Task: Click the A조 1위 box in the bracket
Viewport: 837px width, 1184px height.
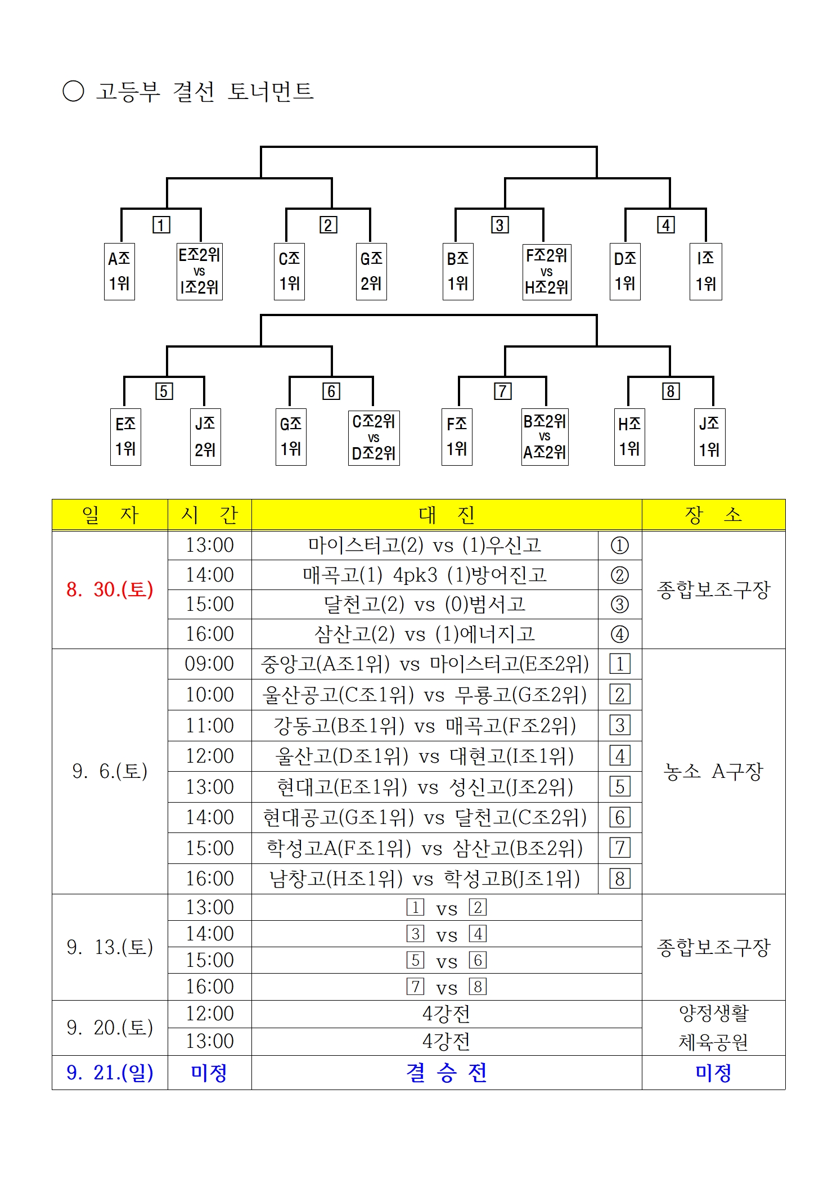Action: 119,271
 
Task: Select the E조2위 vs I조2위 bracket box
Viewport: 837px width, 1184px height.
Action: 200,271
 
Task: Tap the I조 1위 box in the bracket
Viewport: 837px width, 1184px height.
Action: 706,271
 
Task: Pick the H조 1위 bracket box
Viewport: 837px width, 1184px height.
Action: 629,437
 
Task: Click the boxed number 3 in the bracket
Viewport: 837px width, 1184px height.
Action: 499,225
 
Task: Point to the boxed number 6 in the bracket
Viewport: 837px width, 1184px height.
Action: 331,391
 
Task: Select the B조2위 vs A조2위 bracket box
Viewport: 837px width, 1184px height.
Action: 545,437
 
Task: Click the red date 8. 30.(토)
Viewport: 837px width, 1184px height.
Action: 110,589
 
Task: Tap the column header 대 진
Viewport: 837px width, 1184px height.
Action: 447,515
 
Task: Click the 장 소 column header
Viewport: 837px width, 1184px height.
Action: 713,515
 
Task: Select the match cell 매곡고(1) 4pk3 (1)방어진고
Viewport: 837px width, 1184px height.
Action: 425,575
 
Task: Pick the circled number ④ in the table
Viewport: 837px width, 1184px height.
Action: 620,634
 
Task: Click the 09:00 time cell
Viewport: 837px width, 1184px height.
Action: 209,664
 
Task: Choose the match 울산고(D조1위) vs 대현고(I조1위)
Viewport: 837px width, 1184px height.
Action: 425,756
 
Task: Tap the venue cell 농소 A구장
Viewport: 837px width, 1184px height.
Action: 713,771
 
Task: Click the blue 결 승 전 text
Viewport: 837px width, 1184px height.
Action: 447,1073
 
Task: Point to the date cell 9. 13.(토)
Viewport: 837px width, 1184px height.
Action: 110,947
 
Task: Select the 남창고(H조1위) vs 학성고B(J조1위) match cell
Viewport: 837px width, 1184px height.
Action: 425,879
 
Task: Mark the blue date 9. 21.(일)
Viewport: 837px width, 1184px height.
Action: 110,1073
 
